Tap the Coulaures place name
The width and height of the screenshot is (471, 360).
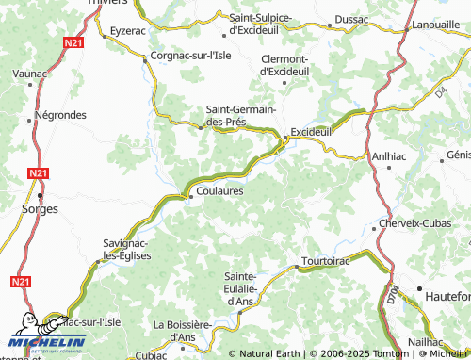click(222, 190)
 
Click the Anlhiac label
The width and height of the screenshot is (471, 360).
click(389, 156)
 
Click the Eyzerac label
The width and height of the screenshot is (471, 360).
click(128, 31)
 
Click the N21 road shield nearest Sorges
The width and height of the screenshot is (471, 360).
click(38, 173)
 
